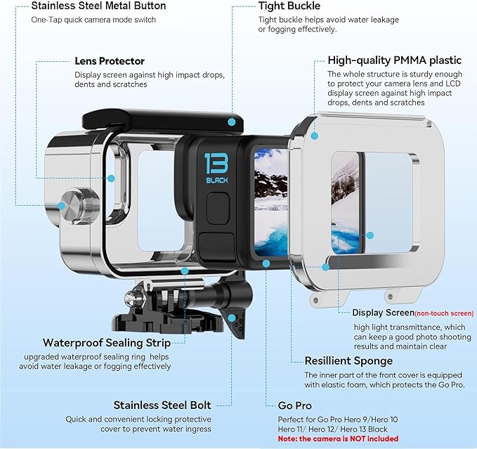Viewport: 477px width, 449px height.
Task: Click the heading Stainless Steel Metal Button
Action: [98, 6]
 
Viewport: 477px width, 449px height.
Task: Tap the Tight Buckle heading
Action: [289, 6]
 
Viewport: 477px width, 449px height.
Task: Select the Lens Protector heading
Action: [110, 61]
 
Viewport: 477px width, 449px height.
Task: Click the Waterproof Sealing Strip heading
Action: [107, 343]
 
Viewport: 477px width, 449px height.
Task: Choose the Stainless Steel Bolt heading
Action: [162, 405]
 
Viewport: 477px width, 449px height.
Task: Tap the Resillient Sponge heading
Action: [348, 360]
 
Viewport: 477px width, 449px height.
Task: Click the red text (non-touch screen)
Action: [444, 313]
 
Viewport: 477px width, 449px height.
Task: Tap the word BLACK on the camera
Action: [217, 180]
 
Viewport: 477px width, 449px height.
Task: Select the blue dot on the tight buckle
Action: [232, 121]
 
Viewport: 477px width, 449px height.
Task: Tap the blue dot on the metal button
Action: [62, 206]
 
